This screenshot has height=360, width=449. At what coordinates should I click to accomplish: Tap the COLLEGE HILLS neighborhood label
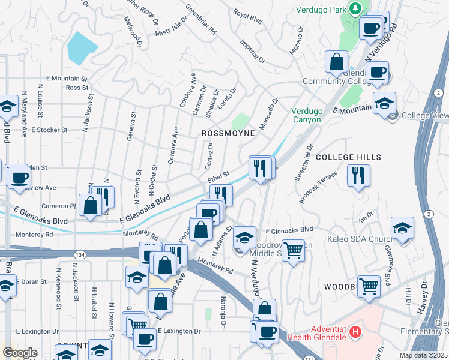(x=348, y=157)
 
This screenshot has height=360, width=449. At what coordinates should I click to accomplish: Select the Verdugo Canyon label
(x=307, y=115)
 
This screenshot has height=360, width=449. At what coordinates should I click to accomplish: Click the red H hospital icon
(x=355, y=331)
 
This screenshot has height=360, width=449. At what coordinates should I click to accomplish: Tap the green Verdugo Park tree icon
(x=355, y=8)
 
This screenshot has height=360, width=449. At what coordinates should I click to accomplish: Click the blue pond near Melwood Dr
(x=83, y=47)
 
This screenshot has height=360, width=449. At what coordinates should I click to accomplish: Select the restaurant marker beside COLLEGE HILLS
(x=358, y=176)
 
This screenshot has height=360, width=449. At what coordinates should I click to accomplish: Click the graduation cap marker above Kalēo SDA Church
(x=402, y=229)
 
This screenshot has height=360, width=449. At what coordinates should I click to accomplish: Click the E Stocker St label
(x=49, y=129)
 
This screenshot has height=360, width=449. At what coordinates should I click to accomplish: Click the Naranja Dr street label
(x=221, y=317)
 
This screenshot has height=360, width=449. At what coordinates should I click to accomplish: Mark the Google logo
(x=20, y=353)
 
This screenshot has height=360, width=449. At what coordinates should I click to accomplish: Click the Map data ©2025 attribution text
(x=423, y=356)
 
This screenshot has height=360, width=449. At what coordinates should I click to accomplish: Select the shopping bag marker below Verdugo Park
(x=337, y=62)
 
